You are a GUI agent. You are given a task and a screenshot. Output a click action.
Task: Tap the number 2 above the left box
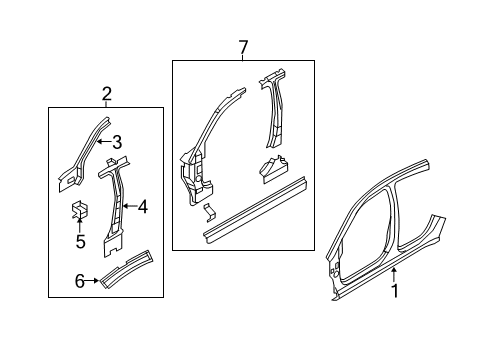point(106,94)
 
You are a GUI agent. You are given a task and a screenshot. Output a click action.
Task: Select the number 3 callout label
point(144,141)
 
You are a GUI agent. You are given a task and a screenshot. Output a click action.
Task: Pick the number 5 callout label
point(81,240)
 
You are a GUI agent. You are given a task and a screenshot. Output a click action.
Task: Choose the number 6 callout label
point(80,281)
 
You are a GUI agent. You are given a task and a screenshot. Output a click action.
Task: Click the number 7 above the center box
point(242,47)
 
